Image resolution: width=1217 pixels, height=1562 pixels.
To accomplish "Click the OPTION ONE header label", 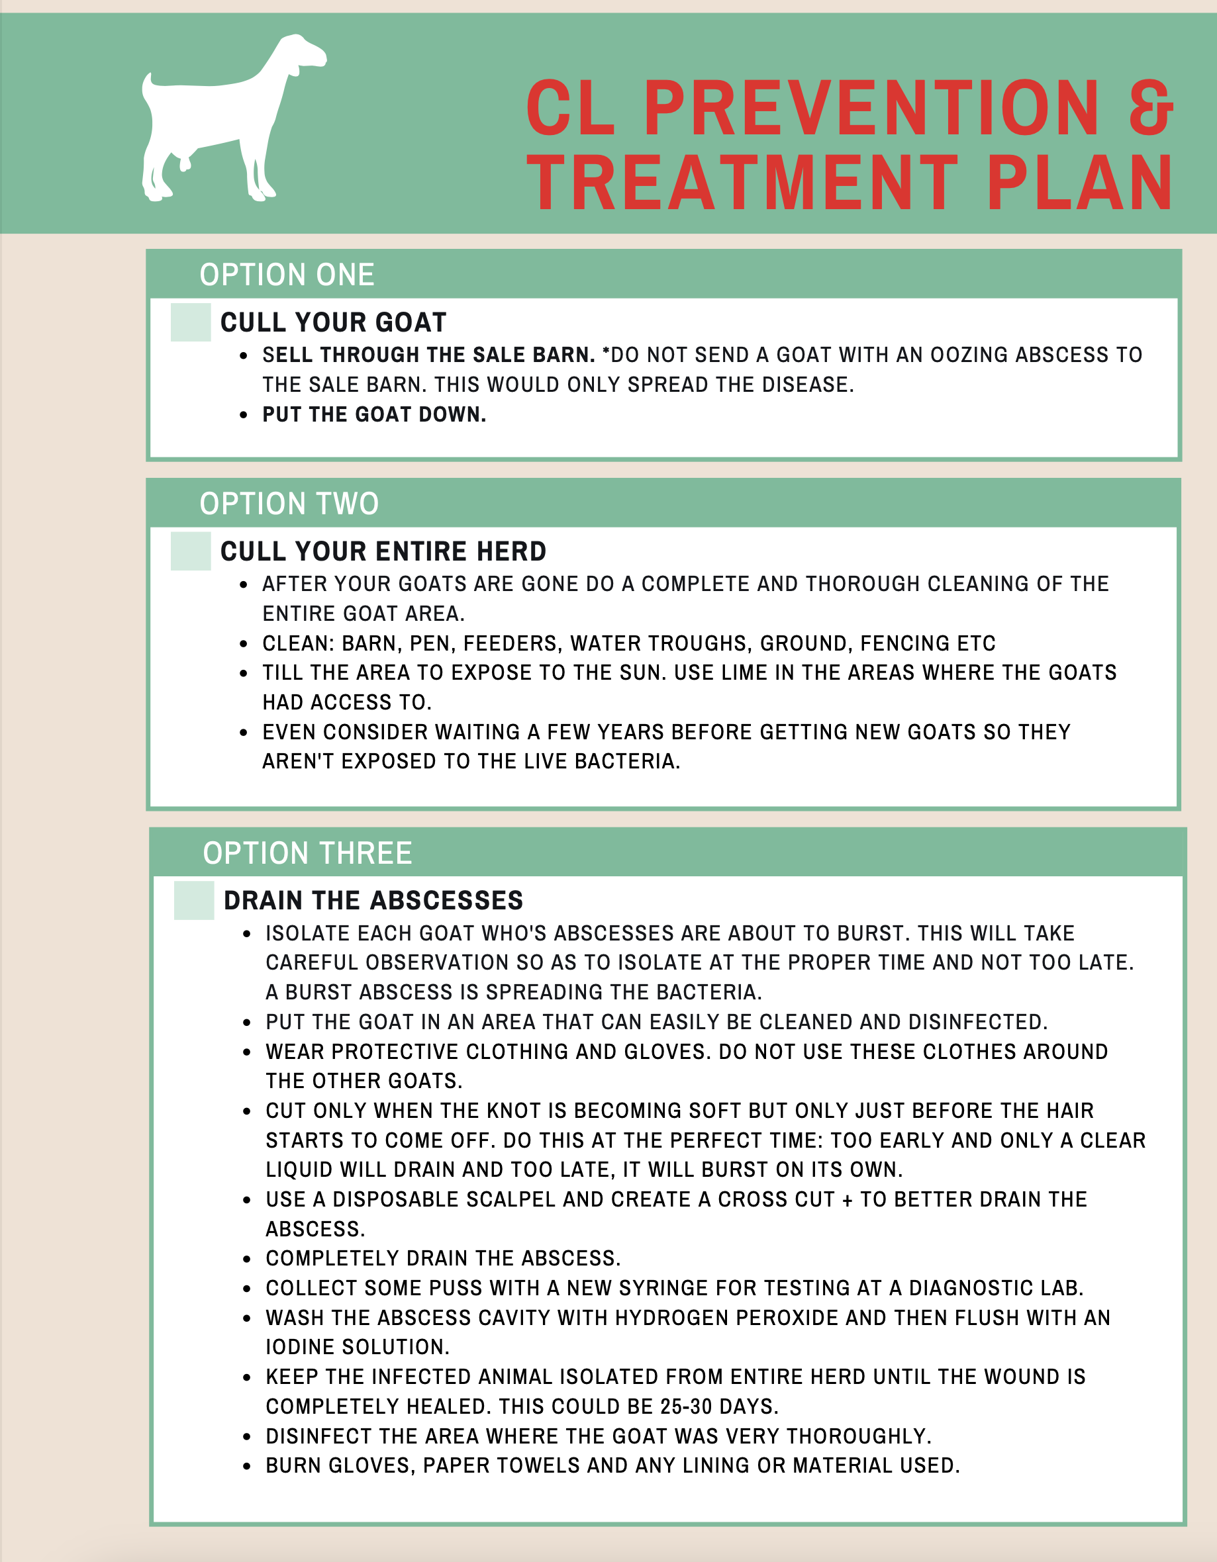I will (x=287, y=275).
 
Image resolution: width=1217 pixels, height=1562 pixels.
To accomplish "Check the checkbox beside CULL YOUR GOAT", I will (x=190, y=322).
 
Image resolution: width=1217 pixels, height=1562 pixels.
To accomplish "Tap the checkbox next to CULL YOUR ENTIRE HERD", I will (x=190, y=551).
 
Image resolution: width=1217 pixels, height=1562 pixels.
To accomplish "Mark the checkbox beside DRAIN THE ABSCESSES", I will (x=194, y=899).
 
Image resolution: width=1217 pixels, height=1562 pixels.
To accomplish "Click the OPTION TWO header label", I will (x=289, y=504).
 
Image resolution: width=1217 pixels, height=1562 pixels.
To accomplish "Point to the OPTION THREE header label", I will (x=307, y=852).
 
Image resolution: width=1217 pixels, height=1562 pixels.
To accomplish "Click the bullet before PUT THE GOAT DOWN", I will (x=244, y=415).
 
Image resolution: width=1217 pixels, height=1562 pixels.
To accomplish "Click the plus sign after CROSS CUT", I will (x=847, y=1199).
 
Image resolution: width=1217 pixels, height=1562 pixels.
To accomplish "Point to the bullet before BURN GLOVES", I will (x=247, y=1465).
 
